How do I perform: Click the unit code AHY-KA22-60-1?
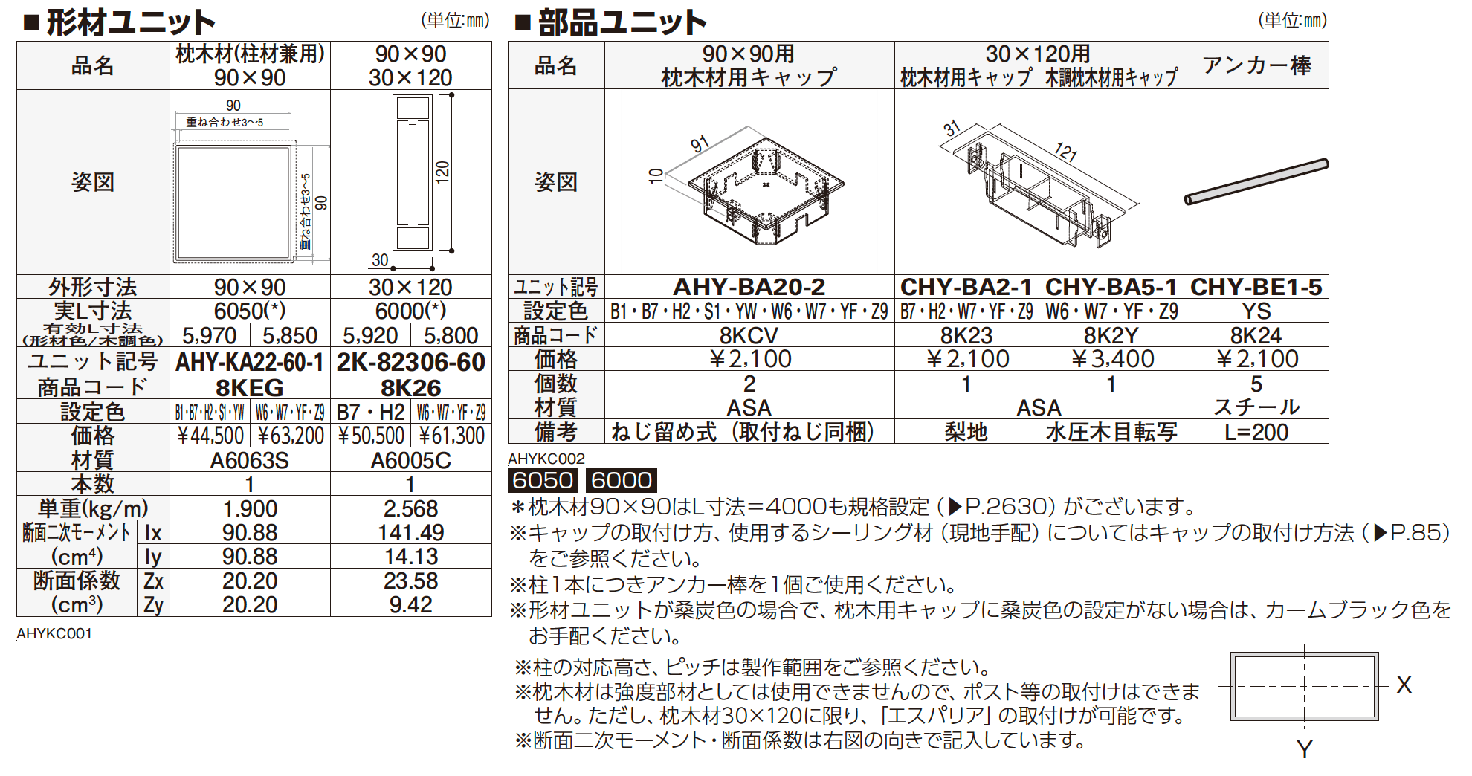point(250,362)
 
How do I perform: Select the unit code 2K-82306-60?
point(410,362)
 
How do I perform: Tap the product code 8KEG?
point(250,387)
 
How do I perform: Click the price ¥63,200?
point(291,436)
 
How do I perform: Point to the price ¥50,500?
point(371,436)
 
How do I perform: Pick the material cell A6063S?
point(250,460)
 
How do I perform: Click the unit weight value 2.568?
point(410,508)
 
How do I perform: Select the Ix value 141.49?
point(410,532)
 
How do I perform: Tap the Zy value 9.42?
point(410,604)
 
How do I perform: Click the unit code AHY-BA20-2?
point(749,287)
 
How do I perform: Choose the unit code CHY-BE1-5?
point(1256,287)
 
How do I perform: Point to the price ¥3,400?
point(1111,359)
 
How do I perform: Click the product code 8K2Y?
point(1111,335)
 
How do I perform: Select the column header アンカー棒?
point(1256,65)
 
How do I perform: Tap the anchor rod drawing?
point(1256,181)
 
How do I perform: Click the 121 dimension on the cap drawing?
point(1066,152)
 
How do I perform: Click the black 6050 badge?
point(543,480)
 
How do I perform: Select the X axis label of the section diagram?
point(1404,685)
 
